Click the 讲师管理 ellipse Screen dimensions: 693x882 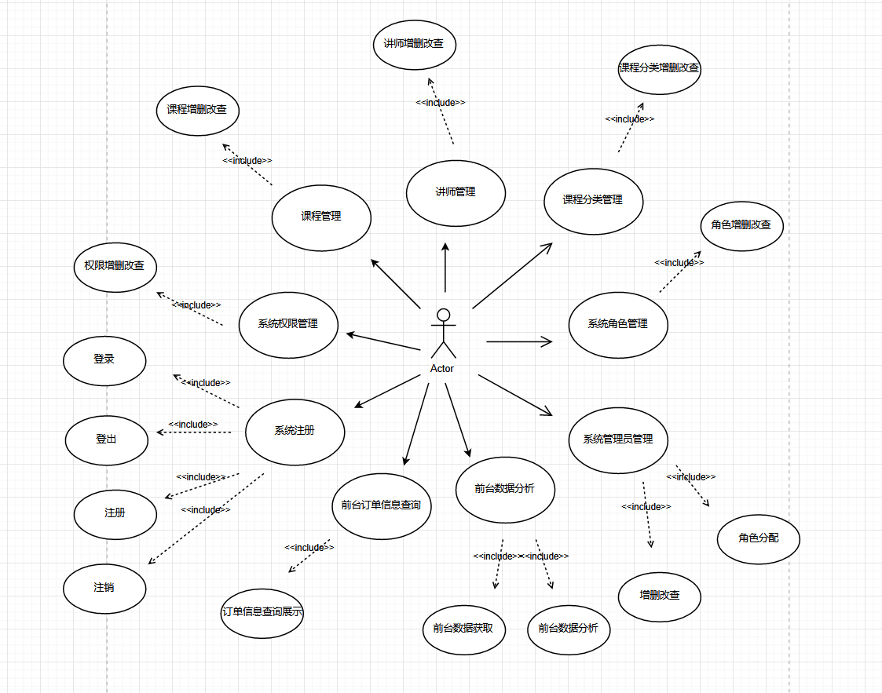pos(456,192)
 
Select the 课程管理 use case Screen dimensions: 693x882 pos(321,217)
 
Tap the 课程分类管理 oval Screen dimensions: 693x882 pos(593,200)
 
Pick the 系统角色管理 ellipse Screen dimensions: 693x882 pos(618,323)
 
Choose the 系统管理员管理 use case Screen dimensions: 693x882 pos(618,440)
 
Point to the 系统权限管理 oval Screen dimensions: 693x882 pos(288,323)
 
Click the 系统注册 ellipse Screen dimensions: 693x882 pos(295,431)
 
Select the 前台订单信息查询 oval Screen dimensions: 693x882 pos(382,505)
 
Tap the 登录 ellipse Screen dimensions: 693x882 pos(104,359)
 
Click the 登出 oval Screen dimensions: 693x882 pos(106,440)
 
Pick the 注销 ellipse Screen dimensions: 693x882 pos(104,587)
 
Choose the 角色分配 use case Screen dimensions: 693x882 pos(758,538)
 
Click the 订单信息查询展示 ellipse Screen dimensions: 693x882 pos(262,612)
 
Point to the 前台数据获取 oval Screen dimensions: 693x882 pos(463,628)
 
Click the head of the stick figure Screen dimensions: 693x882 pos(443,315)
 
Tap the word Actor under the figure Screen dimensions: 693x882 pos(442,369)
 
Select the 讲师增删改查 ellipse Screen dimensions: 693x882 pos(414,44)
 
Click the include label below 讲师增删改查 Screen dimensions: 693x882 pos(441,103)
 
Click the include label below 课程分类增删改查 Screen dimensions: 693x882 pos(629,119)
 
